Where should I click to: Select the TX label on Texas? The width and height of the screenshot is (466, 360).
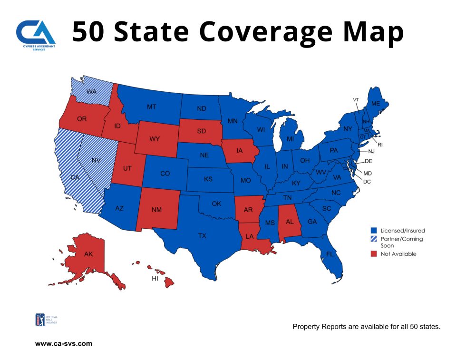[x=202, y=235]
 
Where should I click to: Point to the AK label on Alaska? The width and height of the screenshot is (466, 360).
[x=88, y=254]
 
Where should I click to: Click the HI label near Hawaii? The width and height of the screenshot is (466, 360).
[x=155, y=278]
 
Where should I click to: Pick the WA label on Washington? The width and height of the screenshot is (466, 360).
[x=92, y=91]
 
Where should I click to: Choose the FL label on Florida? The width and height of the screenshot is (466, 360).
[x=330, y=254]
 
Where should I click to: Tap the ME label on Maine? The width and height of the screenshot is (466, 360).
[x=376, y=103]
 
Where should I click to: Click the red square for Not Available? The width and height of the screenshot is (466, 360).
[x=374, y=254]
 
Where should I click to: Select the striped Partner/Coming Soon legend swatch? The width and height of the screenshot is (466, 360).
[x=374, y=239]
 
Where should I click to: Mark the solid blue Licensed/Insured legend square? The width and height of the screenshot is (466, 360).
[x=374, y=231]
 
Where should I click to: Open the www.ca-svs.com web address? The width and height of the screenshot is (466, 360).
[x=64, y=343]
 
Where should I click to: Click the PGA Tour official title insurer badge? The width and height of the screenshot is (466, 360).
[x=39, y=320]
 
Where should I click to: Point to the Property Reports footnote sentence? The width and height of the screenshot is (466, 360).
[x=366, y=327]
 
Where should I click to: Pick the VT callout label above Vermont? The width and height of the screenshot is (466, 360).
[x=356, y=100]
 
